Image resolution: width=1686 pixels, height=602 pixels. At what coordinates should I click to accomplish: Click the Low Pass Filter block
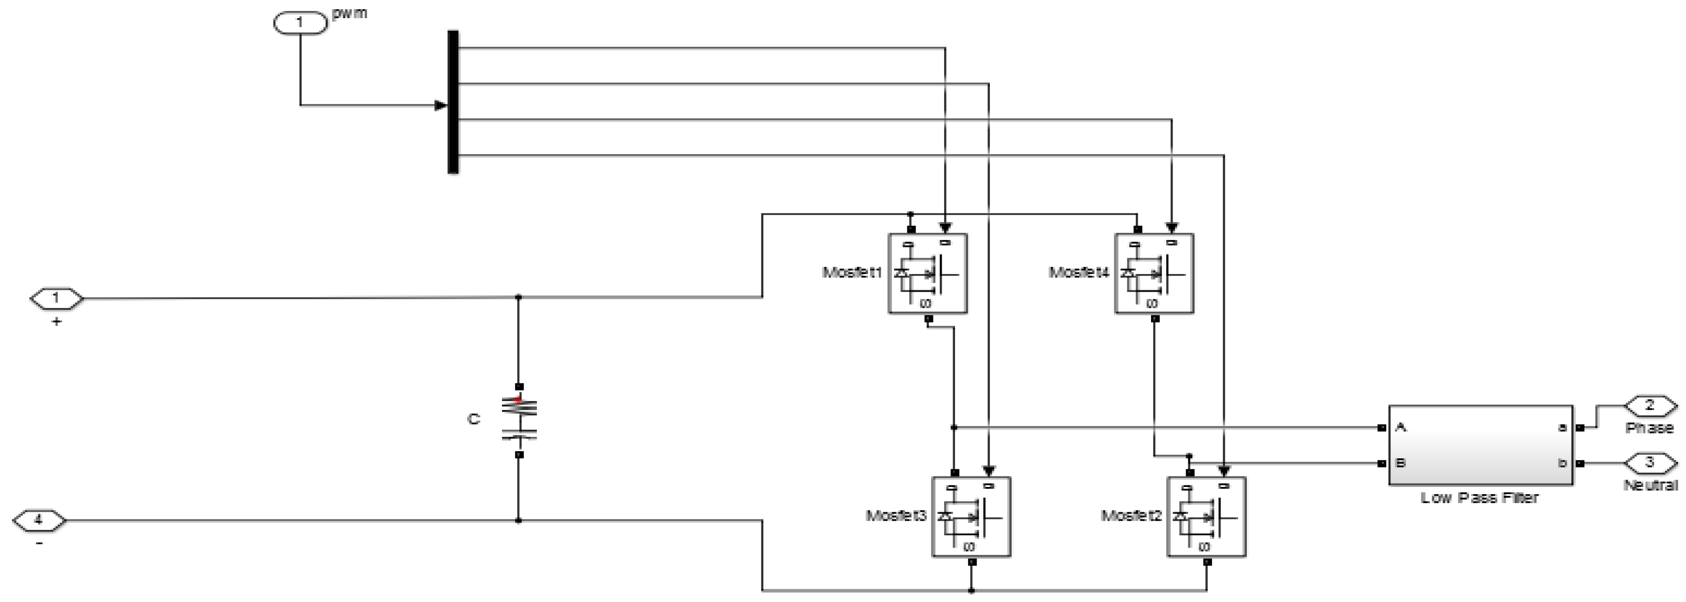(x=1480, y=445)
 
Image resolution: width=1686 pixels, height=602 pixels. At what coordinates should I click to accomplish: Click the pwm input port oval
(x=300, y=23)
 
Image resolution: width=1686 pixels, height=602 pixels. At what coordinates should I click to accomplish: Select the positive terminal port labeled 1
(x=57, y=299)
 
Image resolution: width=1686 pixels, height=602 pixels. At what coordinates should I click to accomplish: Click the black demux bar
(x=453, y=102)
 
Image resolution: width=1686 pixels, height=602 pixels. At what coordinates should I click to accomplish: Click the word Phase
(x=1649, y=428)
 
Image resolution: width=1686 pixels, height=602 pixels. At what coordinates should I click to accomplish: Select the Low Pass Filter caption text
(x=1479, y=498)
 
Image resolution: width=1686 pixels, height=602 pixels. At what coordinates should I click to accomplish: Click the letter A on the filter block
(x=1401, y=427)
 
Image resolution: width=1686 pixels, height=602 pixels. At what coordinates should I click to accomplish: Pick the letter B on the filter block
(x=1401, y=463)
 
